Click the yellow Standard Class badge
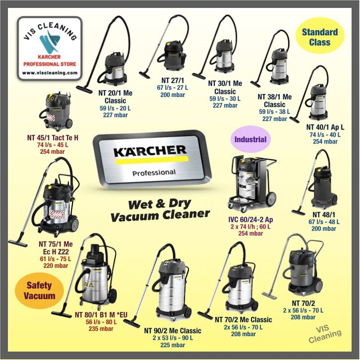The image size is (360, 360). pyautogui.click(x=320, y=37)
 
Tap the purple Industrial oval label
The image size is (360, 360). pyautogui.click(x=250, y=139)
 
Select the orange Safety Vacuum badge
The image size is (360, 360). pyautogui.click(x=39, y=291)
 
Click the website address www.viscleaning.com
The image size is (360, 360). pyautogui.click(x=50, y=72)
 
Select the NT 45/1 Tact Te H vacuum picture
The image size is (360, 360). pyautogui.click(x=58, y=111)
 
